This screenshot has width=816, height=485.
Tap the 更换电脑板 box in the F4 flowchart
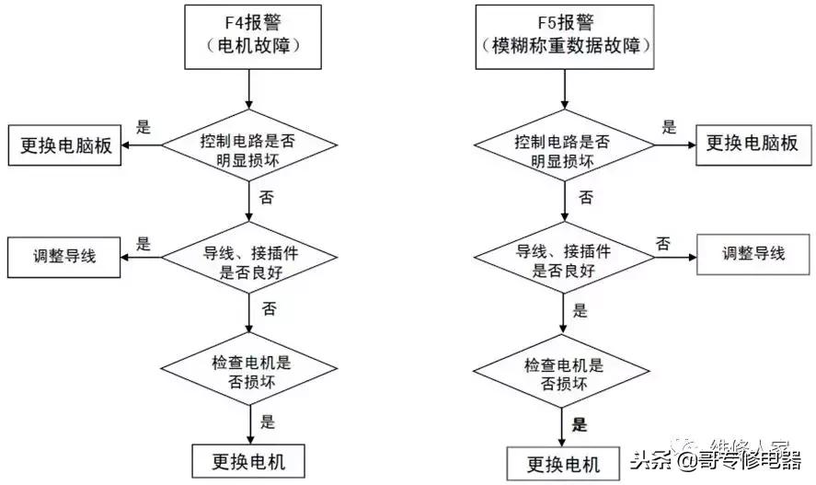(x=65, y=145)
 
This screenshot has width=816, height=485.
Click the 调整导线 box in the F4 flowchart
(x=64, y=255)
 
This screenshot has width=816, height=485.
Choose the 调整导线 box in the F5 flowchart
(x=753, y=254)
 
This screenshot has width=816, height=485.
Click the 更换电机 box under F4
(x=250, y=459)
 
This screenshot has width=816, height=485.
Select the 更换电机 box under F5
(x=563, y=461)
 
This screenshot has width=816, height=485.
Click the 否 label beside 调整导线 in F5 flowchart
(x=662, y=243)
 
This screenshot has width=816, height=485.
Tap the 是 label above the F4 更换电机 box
(x=268, y=422)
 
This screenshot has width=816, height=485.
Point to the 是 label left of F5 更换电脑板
(x=669, y=129)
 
